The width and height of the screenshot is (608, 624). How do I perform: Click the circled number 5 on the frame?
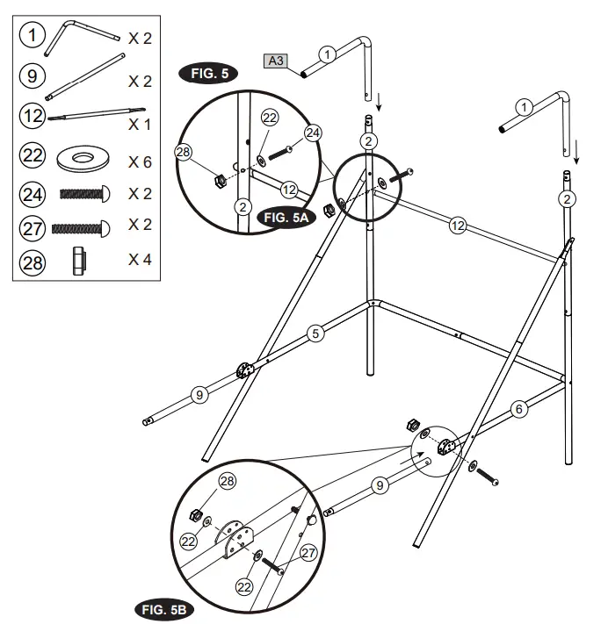coord(316,333)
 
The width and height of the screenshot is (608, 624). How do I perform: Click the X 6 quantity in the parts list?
coord(140,162)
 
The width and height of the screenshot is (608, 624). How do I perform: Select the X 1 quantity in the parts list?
coord(140,123)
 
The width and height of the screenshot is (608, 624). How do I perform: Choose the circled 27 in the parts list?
coord(32,227)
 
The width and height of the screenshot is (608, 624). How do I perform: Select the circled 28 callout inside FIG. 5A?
coord(183,152)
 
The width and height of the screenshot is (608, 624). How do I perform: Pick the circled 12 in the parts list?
coord(32,116)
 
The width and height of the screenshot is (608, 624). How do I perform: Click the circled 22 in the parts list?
coord(32,156)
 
